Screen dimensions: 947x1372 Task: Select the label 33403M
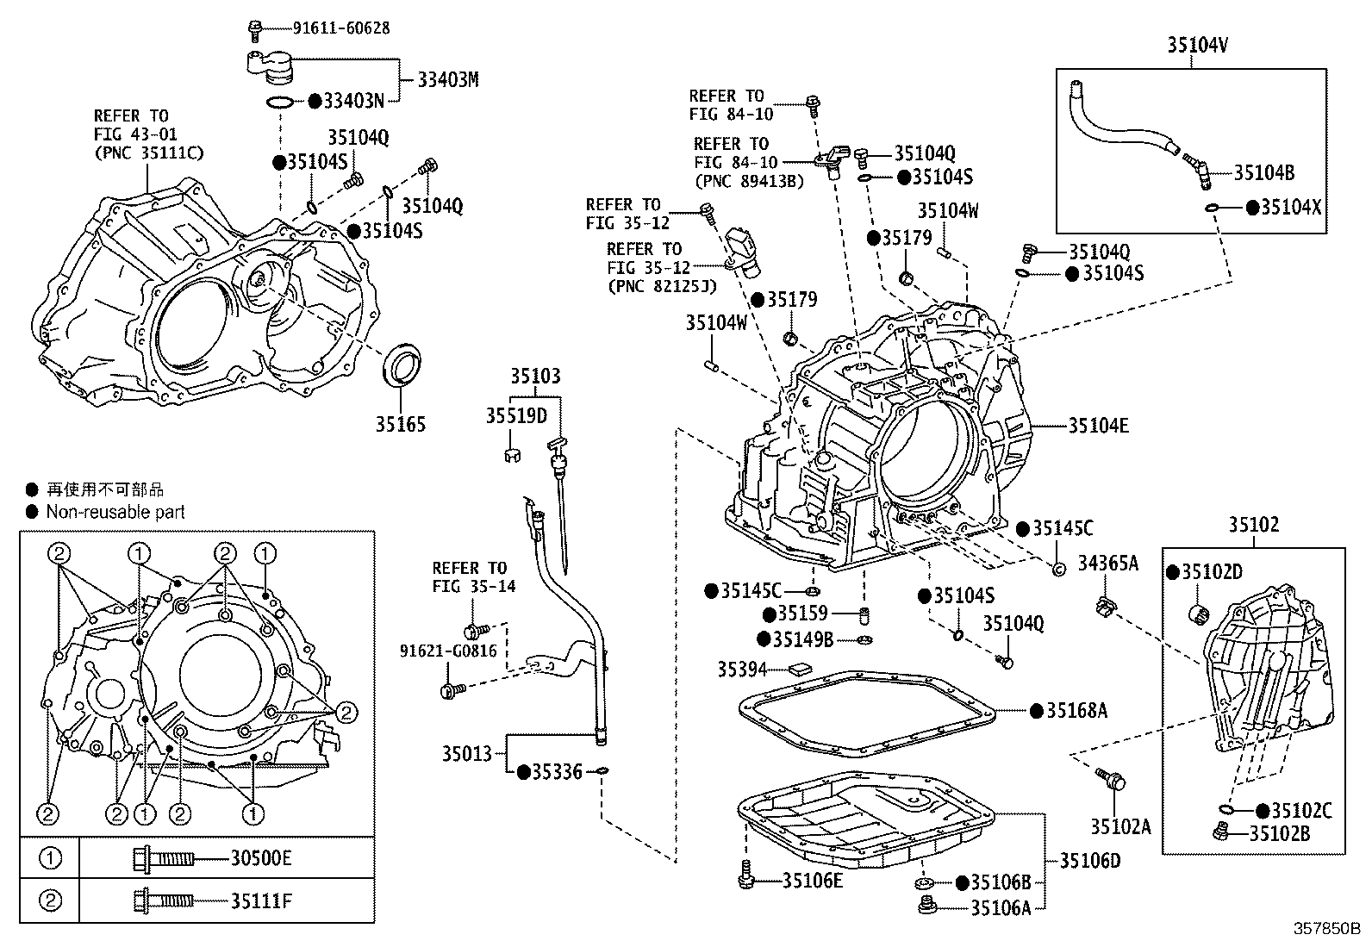pos(447,80)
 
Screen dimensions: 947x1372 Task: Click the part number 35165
pos(400,424)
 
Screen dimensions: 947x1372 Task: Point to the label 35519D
pos(515,416)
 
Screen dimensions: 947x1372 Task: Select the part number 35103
pos(534,377)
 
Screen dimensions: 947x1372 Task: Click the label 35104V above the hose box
pos(1197,45)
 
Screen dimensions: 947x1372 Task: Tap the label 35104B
pos(1263,172)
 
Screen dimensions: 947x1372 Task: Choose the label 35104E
pos(1098,425)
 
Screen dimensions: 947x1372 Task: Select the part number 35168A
pos(1076,710)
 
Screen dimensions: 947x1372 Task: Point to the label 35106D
pos(1089,860)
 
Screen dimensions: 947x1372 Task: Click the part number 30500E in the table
pos(261,858)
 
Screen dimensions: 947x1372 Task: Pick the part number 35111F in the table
pos(261,901)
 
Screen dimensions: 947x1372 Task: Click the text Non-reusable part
pos(115,512)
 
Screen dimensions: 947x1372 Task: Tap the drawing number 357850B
pos(1325,930)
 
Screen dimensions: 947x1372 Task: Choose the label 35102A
pos(1120,826)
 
